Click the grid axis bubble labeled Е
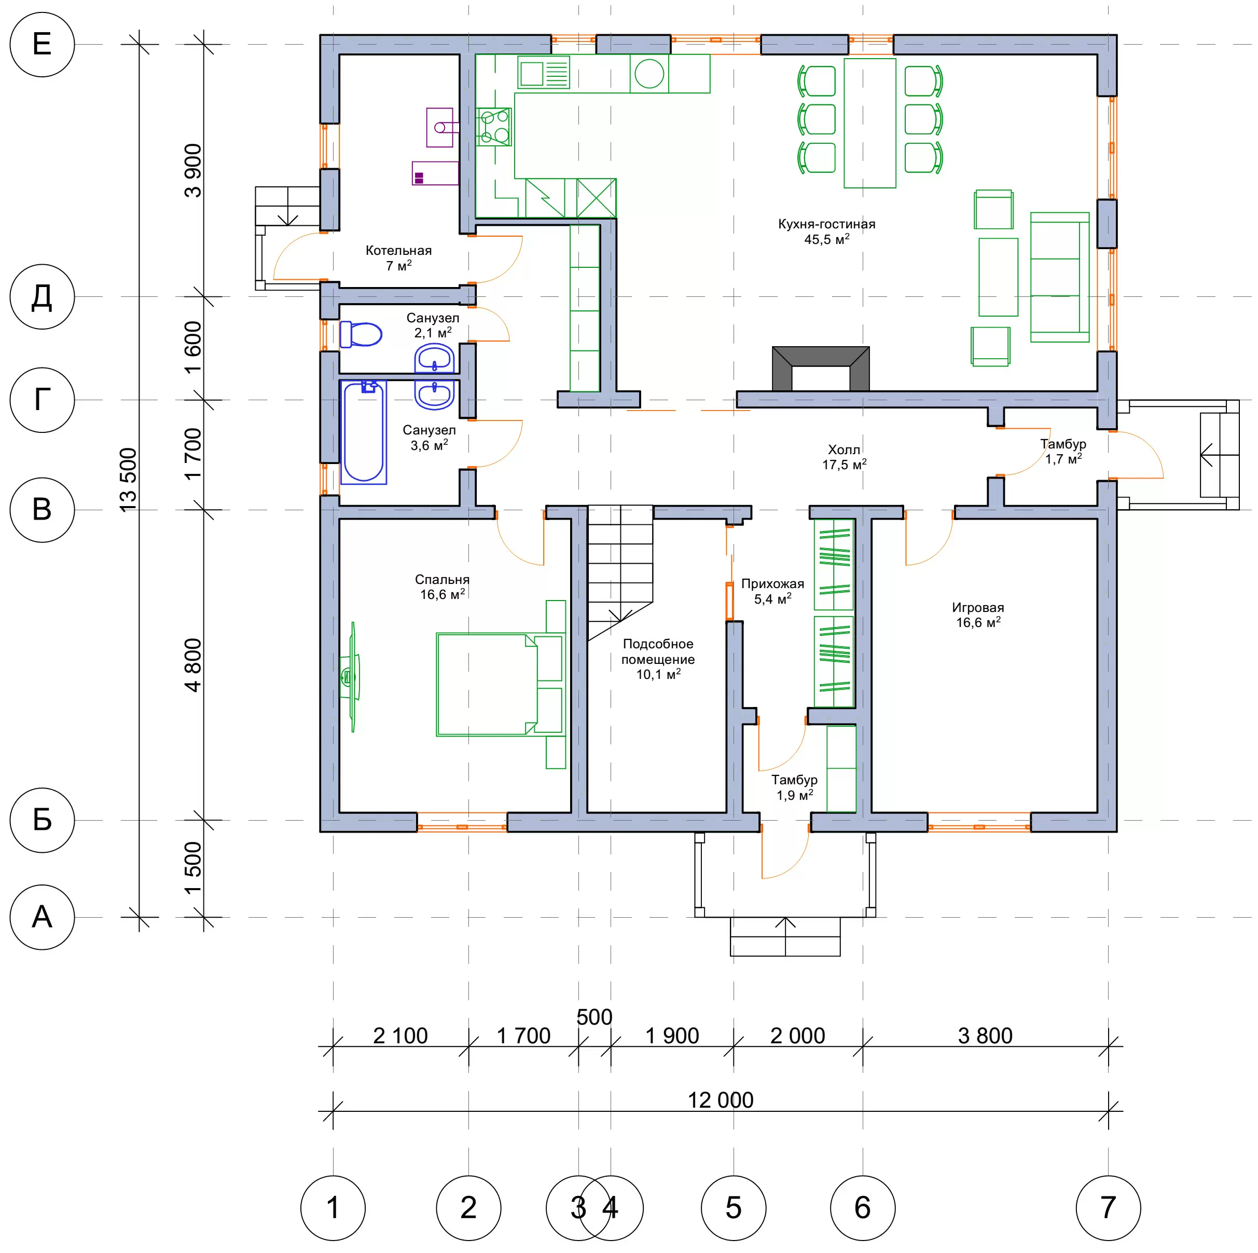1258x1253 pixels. pos(43,44)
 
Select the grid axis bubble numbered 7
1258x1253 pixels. pos(1108,1207)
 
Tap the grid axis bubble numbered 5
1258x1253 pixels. pos(734,1207)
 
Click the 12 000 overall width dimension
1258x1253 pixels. pos(720,1100)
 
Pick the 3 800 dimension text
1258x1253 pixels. pos(985,1036)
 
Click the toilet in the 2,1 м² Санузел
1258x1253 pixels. pos(361,334)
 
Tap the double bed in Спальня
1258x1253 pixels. pos(500,685)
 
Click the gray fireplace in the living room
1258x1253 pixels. pos(821,369)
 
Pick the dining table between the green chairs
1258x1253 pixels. pos(870,123)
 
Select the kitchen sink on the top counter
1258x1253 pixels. pos(544,72)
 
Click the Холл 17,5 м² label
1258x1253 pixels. pos(844,457)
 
